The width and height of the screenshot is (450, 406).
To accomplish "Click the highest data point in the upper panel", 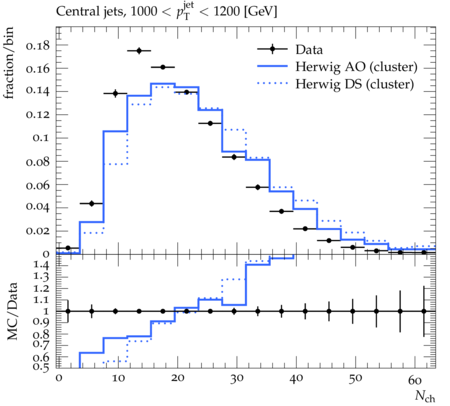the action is coord(139,51).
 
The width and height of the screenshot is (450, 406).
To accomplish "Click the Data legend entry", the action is coord(309,50).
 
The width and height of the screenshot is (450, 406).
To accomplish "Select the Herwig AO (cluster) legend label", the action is coord(356,67).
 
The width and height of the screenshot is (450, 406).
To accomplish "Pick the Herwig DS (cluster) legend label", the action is coord(355,84).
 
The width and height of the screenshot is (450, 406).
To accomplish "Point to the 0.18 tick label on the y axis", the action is coord(38,45).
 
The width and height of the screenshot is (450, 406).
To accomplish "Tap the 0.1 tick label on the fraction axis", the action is coord(41,138).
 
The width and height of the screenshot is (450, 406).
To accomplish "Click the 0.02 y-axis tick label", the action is coord(38,231).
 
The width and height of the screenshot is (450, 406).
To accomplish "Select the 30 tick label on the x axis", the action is coord(236,379).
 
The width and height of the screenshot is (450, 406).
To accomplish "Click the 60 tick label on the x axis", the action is coord(415,379).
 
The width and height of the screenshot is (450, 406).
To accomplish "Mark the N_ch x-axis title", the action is coord(425,397).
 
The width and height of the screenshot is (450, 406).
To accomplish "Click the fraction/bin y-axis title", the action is coord(9,63).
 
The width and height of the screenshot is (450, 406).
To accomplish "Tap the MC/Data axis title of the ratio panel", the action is coord(12,311).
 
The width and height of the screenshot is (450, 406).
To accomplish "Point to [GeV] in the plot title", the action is coord(260,12).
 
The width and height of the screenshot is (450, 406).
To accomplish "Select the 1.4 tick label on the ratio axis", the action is coord(41,265).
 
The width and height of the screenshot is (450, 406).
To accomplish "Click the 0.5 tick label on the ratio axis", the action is coord(41,367).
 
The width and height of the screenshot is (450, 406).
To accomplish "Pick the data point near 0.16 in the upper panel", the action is coord(163,67).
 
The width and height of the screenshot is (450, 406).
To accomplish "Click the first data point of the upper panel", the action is coord(68,248).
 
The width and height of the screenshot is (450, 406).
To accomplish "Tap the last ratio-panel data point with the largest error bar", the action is coord(424,311).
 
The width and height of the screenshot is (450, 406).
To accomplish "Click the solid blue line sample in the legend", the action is coord(272,67).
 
